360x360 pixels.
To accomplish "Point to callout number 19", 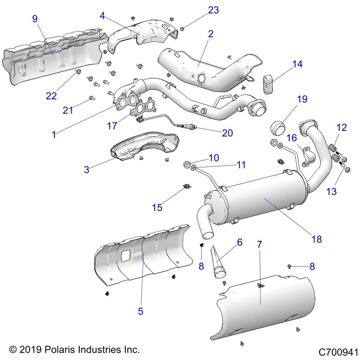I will click(x=301, y=99).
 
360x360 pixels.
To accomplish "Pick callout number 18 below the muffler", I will click(x=316, y=239).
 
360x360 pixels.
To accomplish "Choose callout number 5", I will click(x=140, y=310).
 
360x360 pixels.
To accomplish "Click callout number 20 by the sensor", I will click(x=227, y=133).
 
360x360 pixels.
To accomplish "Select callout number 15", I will click(x=157, y=207).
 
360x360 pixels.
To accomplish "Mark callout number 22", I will click(x=52, y=95).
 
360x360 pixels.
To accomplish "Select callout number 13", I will click(x=331, y=192).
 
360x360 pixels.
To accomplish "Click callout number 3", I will click(x=87, y=170).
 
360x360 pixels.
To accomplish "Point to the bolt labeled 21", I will click(x=91, y=97).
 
